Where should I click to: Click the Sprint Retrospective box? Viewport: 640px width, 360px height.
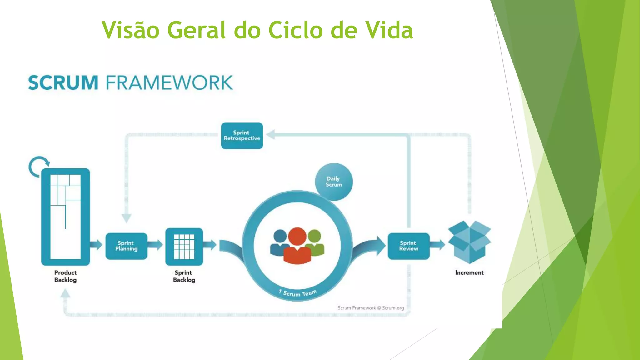242,136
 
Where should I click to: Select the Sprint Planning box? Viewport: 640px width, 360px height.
126,246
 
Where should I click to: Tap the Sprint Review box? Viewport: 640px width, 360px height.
408,246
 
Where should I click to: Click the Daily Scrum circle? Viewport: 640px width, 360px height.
334,182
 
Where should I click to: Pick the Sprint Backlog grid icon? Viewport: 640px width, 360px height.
184,247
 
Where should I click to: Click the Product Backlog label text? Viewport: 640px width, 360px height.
65,276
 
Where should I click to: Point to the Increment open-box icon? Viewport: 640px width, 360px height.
469,242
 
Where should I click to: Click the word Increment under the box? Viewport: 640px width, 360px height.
469,272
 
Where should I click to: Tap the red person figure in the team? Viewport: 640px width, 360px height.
297,247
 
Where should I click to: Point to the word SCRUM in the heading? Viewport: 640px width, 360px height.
63,83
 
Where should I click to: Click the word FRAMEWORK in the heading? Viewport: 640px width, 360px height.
169,83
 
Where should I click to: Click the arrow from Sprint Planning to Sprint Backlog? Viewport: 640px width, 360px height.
156,245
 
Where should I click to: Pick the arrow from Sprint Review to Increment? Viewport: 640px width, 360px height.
437,245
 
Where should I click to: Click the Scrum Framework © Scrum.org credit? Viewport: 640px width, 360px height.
371,308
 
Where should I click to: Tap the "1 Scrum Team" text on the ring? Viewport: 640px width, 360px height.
297,293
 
